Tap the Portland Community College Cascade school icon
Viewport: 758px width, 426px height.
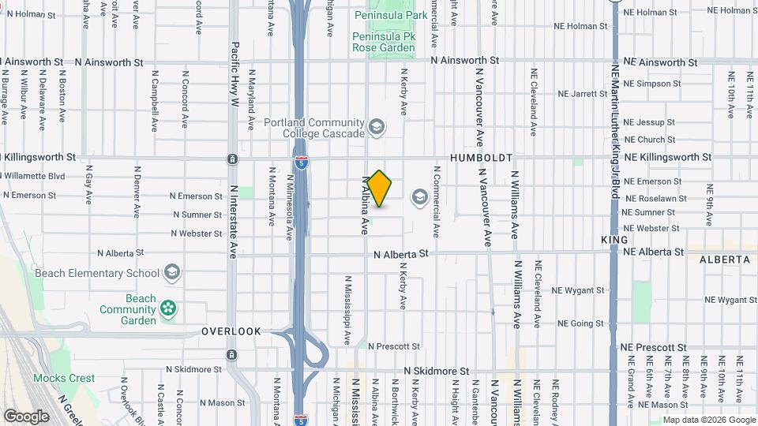tap(377, 127)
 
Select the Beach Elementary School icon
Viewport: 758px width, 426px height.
tap(171, 273)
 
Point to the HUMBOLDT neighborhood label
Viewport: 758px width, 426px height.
tap(482, 158)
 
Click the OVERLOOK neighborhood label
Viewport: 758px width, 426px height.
tap(231, 331)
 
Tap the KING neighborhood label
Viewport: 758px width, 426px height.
tap(614, 239)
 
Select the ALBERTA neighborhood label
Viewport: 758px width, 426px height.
tap(724, 259)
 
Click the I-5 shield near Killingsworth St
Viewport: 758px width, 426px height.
tap(302, 163)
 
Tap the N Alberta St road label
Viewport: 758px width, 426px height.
tap(400, 254)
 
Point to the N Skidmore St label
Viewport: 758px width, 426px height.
tap(436, 370)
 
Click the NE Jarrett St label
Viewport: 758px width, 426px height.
tap(583, 93)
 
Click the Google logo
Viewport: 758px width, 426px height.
tap(26, 416)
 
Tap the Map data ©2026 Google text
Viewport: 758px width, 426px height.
tap(708, 420)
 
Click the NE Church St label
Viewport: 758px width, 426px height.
tap(649, 140)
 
